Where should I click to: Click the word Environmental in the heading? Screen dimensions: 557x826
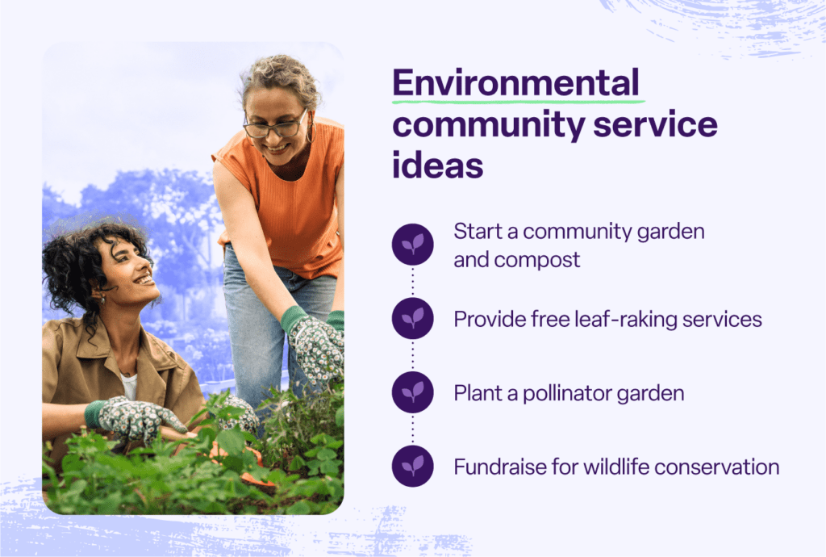[515, 83]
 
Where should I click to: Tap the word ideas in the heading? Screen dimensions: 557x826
[438, 165]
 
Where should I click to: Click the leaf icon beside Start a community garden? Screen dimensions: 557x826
[413, 244]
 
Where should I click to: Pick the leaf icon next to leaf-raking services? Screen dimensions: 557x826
[413, 319]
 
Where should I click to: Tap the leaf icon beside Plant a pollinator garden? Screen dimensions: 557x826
[413, 392]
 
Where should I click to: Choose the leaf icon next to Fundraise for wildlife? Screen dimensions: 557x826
[413, 467]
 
